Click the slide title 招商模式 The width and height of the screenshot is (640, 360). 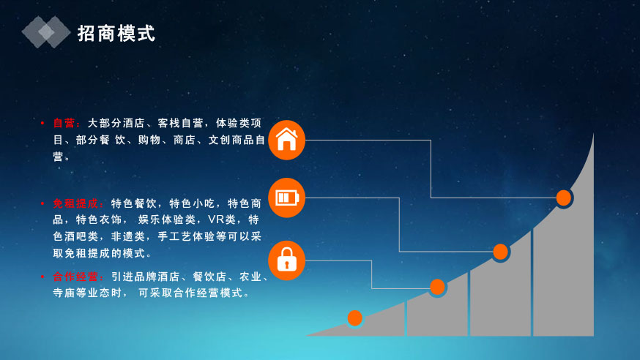(x=116, y=33)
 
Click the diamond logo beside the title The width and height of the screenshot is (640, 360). (x=46, y=32)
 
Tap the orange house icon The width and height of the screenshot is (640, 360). (x=286, y=140)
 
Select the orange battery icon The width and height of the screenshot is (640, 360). (x=286, y=198)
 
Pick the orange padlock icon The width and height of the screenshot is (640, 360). (x=286, y=260)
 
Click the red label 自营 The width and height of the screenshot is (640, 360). (x=64, y=123)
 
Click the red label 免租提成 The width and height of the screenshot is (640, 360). (x=75, y=203)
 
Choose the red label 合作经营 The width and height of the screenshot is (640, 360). (x=75, y=277)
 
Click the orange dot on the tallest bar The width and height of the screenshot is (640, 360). (x=563, y=198)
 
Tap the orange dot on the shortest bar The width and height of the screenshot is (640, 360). (x=354, y=318)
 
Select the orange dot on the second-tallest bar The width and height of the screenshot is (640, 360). (x=500, y=252)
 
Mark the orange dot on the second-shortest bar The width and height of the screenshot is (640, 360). (x=437, y=287)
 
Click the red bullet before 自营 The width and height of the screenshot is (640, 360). (x=42, y=123)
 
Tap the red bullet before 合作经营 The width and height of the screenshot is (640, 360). (x=42, y=277)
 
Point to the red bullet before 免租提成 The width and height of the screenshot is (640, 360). (x=42, y=203)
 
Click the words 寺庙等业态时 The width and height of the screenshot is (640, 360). (x=87, y=293)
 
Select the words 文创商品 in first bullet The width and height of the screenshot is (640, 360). (x=231, y=140)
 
